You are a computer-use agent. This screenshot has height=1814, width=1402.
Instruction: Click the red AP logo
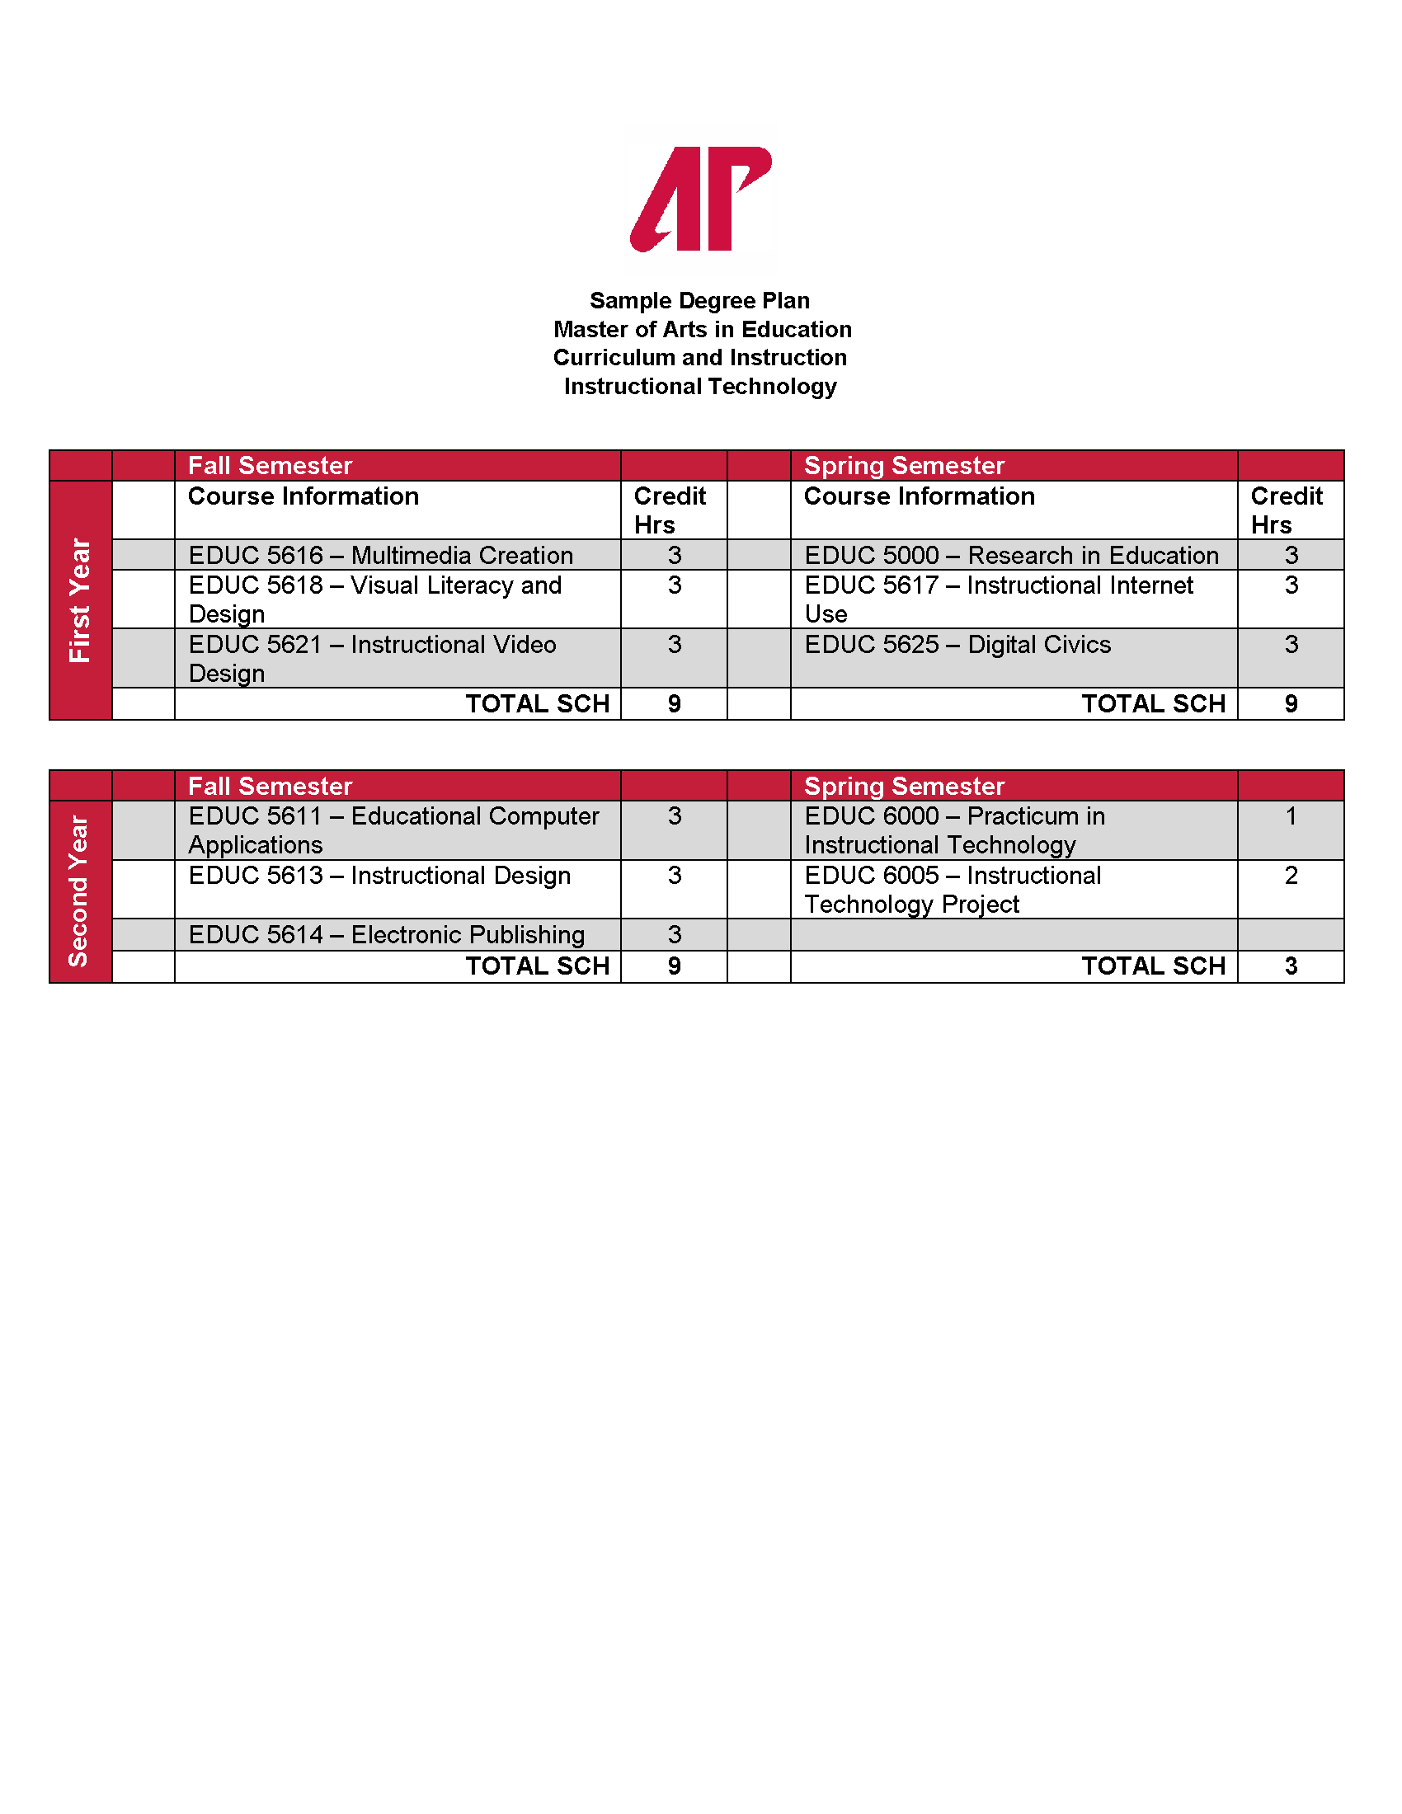tap(700, 200)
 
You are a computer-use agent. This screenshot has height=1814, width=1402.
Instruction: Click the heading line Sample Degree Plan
tap(699, 301)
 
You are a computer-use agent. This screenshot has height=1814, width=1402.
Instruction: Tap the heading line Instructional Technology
tap(699, 387)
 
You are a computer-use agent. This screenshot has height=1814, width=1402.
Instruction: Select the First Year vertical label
tap(80, 599)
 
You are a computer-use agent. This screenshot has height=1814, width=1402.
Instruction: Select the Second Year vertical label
tap(80, 891)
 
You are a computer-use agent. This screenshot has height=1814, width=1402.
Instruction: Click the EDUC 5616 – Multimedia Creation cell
tap(380, 555)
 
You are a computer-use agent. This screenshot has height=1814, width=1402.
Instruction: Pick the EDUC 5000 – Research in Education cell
tap(1011, 555)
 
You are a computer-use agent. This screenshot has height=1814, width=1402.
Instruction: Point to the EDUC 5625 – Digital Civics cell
tap(957, 646)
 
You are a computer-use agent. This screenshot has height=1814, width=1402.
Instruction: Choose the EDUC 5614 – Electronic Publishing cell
tap(386, 935)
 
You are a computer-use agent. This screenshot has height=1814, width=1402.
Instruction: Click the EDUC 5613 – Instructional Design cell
tap(379, 876)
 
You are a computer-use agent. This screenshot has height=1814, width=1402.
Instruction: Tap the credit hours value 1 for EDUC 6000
tap(1290, 816)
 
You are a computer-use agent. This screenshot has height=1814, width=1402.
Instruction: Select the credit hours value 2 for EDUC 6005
tap(1290, 876)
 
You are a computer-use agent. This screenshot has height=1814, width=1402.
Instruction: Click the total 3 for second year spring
tap(1290, 967)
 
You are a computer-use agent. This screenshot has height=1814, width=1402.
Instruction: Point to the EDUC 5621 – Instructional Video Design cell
tap(372, 659)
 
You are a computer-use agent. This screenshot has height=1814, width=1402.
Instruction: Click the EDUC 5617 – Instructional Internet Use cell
tap(999, 599)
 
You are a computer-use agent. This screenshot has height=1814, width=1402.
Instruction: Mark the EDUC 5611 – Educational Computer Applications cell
tap(393, 830)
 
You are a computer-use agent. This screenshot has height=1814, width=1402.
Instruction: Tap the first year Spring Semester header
tap(904, 466)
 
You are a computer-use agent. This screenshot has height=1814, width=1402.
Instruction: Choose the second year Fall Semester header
tap(270, 787)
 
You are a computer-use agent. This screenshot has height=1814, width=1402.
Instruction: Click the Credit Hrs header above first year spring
tap(1286, 510)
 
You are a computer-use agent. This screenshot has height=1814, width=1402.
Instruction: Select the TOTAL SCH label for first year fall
tap(538, 704)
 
